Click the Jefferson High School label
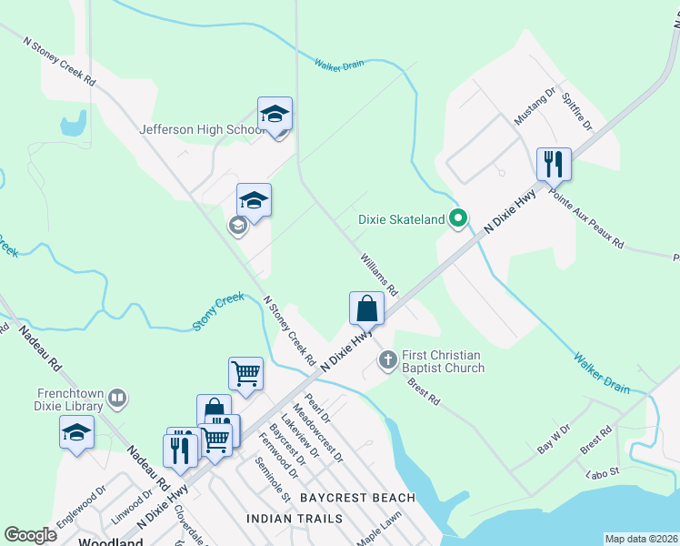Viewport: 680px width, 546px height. [201, 129]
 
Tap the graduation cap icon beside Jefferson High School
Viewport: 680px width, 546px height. [275, 115]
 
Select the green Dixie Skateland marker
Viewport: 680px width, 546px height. [459, 218]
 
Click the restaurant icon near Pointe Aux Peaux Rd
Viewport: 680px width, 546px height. [554, 165]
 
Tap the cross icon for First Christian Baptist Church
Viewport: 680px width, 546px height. [387, 360]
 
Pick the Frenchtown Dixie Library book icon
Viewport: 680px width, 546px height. [116, 398]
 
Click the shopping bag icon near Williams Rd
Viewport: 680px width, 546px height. [366, 308]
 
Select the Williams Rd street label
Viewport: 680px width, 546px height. [379, 274]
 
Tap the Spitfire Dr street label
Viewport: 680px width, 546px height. [576, 110]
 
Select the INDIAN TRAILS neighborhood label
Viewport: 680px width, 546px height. [295, 519]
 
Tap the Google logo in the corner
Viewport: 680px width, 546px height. [31, 535]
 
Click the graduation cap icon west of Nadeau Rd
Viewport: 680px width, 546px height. [77, 433]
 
